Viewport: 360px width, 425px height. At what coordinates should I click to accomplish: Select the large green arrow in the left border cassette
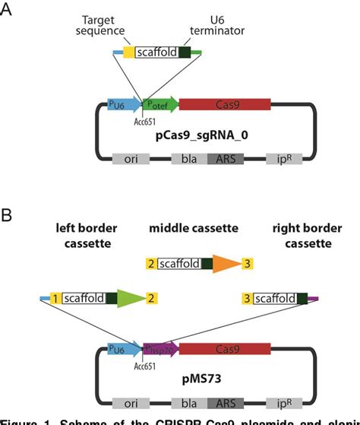(131, 299)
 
